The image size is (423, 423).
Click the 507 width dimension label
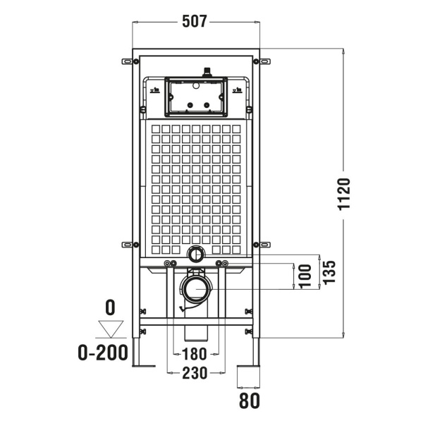point(195,21)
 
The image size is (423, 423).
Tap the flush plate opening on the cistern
point(195,96)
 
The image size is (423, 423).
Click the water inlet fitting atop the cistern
point(207,70)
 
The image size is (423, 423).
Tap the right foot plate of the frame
point(248,368)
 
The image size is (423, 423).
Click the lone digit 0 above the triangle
point(109,307)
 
